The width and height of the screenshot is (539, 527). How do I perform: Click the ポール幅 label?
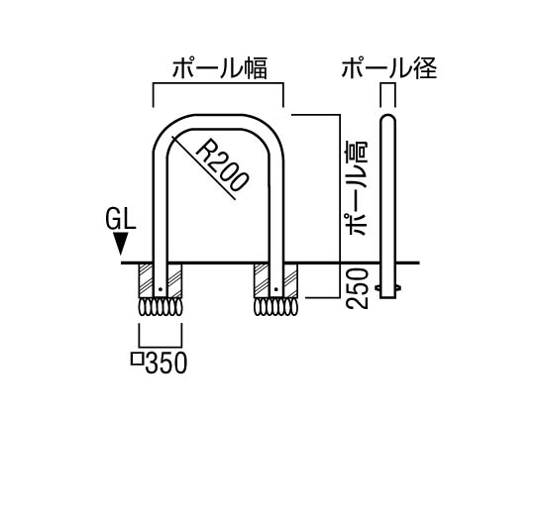(x=220, y=68)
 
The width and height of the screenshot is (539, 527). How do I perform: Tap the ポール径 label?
(x=389, y=67)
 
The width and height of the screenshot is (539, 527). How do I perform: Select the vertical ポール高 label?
(x=358, y=188)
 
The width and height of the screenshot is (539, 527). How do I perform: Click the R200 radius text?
(x=221, y=165)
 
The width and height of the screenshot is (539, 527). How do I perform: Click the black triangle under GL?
(x=121, y=244)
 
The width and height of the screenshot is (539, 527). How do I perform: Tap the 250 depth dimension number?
(x=358, y=288)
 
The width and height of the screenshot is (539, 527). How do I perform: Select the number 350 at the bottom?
(x=166, y=363)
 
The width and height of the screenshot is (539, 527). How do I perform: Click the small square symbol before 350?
(x=138, y=359)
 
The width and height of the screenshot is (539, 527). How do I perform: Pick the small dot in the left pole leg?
(x=160, y=289)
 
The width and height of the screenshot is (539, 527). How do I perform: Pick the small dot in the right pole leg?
(x=275, y=289)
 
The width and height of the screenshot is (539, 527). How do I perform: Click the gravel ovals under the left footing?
(x=161, y=307)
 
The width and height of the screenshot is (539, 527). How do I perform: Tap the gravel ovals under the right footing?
(x=275, y=307)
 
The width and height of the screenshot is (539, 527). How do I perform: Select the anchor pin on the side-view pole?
(x=388, y=287)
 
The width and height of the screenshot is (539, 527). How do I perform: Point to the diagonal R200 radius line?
(x=204, y=167)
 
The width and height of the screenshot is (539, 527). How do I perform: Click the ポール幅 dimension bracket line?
(x=218, y=83)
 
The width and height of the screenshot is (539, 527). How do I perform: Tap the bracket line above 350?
(x=161, y=347)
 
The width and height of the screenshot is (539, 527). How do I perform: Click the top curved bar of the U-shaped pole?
(x=218, y=122)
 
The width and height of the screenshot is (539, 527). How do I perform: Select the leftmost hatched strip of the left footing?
(x=146, y=280)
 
